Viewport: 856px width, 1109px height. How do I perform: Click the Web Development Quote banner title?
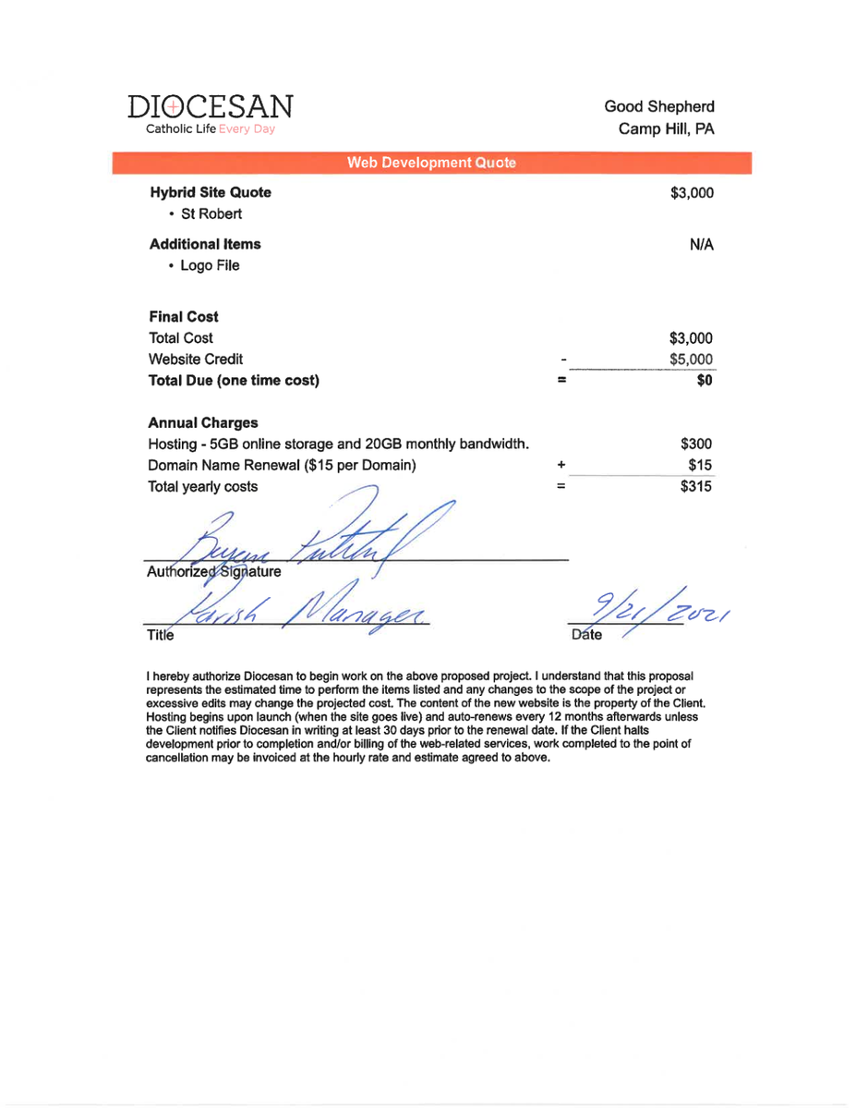pyautogui.click(x=431, y=164)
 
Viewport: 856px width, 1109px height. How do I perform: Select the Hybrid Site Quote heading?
pyautogui.click(x=211, y=193)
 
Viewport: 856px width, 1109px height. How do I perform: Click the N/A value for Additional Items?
pyautogui.click(x=701, y=245)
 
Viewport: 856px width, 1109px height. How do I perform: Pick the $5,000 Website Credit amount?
pyautogui.click(x=691, y=360)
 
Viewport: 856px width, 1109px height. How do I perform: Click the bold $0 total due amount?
pyautogui.click(x=704, y=381)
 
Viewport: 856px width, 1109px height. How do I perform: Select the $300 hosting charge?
pyautogui.click(x=696, y=445)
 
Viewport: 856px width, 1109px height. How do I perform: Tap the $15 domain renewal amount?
pyautogui.click(x=701, y=466)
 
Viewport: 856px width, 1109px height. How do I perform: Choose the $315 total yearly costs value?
pyautogui.click(x=696, y=487)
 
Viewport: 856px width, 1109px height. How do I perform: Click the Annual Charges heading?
pyautogui.click(x=203, y=423)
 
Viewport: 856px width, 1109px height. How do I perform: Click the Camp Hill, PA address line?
pyautogui.click(x=666, y=128)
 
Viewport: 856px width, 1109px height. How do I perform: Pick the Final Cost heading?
pyautogui.click(x=184, y=317)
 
